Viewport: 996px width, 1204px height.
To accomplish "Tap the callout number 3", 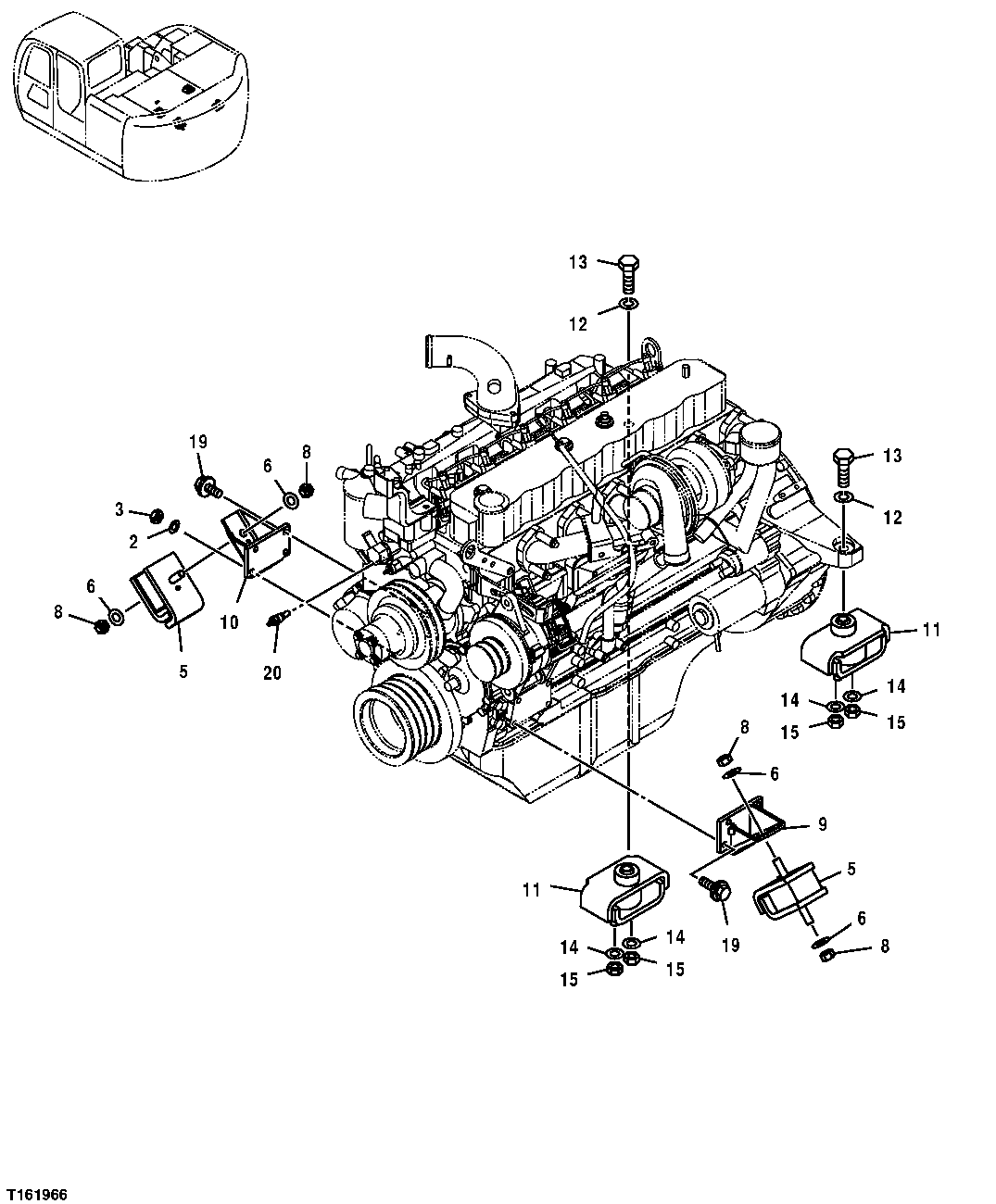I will point(120,508).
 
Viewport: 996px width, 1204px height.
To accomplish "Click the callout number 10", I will point(229,622).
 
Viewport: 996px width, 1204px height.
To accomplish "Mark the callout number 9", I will point(821,823).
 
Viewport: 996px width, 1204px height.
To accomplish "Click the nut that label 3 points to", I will point(158,514).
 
